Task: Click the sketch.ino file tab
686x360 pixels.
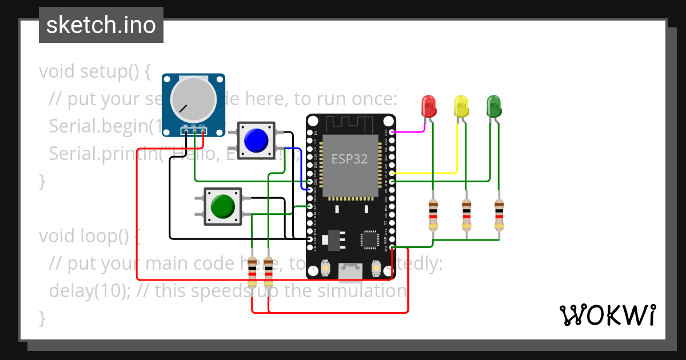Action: click(101, 25)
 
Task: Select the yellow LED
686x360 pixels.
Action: click(461, 106)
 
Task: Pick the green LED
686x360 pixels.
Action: click(494, 106)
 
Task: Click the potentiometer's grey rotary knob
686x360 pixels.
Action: click(193, 97)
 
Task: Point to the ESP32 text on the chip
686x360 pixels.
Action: click(349, 159)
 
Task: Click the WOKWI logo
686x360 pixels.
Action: click(607, 315)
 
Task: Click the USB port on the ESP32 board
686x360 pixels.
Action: click(350, 272)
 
